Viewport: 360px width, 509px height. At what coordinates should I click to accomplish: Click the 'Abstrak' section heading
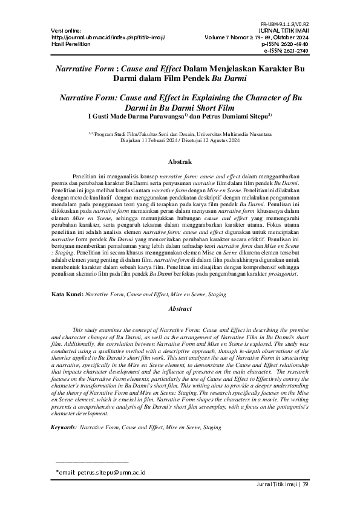click(x=180, y=161)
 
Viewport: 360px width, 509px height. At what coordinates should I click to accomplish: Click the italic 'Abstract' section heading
click(x=180, y=308)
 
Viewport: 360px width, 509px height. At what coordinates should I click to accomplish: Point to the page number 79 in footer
click(x=305, y=484)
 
